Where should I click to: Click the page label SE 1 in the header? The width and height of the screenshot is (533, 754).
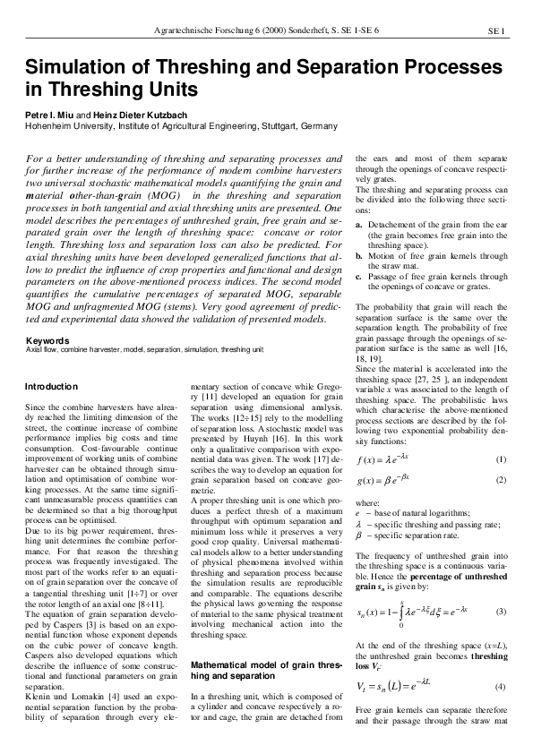pos(497,31)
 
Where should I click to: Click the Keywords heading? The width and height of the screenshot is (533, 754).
pos(47,341)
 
